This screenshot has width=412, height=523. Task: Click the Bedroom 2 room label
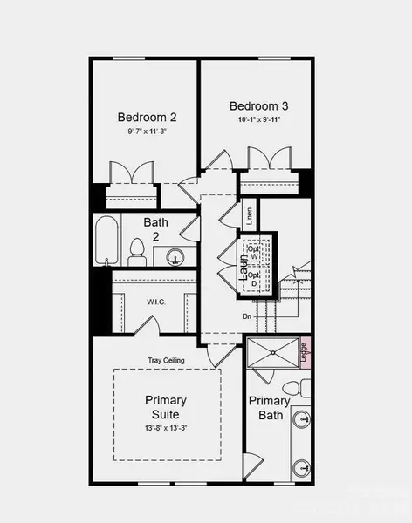(148, 118)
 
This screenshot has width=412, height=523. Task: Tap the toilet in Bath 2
(136, 253)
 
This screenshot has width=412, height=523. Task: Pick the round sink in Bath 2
(175, 257)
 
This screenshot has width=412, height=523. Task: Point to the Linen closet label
(249, 214)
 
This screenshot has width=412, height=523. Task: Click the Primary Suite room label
(166, 407)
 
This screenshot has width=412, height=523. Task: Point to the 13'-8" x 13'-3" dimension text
(166, 428)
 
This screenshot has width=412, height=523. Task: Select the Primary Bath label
(269, 408)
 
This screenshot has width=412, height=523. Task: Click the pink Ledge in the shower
(305, 352)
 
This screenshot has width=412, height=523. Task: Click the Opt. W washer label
(254, 251)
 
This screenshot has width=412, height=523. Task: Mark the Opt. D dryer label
(254, 279)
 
